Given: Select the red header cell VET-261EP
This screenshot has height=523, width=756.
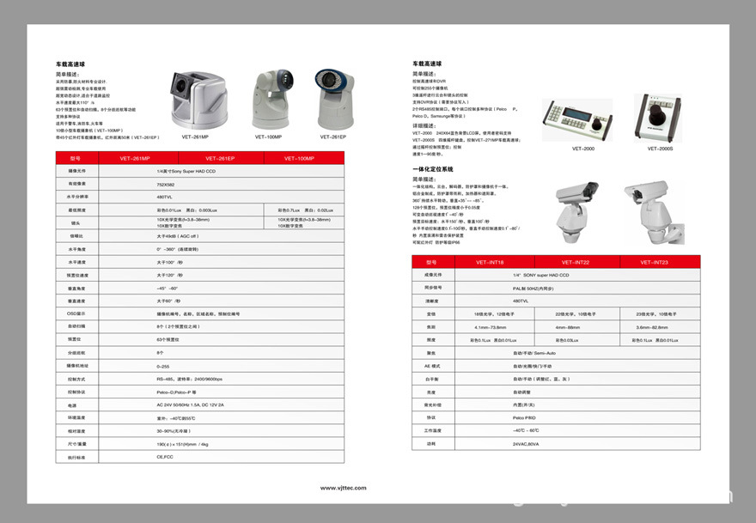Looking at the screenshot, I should click(x=220, y=158).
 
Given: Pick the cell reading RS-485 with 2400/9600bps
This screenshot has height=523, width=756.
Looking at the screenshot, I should click(x=189, y=379).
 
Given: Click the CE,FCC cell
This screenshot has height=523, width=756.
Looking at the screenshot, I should click(x=165, y=457).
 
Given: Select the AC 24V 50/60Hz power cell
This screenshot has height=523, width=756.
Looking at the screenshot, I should click(x=190, y=404).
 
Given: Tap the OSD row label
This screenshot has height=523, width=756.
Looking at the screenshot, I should click(x=76, y=313).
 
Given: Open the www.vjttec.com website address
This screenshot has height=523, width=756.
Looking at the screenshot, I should click(x=343, y=488).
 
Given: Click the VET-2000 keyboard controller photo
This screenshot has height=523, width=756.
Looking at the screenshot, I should click(x=576, y=119).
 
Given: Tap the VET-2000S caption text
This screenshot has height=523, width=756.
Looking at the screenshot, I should click(x=659, y=149).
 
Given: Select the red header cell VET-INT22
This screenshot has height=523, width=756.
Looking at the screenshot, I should click(x=575, y=262).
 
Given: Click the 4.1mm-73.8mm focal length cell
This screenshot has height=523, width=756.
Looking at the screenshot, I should click(x=492, y=327).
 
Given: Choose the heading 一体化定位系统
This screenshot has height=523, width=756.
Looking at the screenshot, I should click(x=433, y=170).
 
